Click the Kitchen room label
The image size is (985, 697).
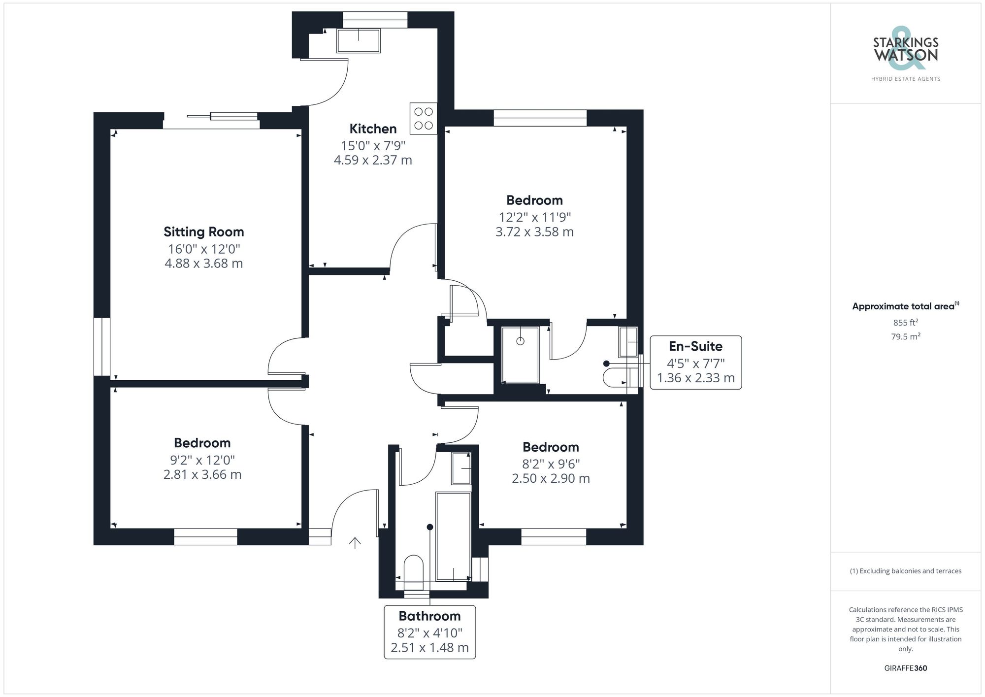373,129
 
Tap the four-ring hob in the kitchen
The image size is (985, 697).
423,119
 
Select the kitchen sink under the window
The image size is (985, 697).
359,40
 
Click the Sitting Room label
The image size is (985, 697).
203,232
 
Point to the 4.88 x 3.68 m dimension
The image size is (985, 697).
203,264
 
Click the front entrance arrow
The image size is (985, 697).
355,542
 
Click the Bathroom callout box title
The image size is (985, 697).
429,616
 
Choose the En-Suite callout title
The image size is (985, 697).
695,346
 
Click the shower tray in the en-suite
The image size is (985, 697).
520,354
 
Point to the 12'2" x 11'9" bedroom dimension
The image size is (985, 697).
534,217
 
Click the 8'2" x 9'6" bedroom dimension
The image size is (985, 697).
551,464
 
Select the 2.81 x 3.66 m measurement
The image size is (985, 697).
202,474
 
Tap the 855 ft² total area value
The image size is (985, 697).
905,323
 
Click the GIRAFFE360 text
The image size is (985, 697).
905,668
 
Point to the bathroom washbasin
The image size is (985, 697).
461,468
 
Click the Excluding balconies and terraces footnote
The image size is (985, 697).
905,571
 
